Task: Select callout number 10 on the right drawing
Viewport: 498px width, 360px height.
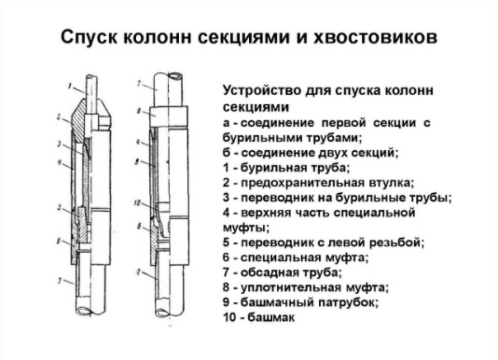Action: (x=138, y=203)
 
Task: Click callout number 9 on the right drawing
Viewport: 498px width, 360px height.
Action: (x=138, y=162)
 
